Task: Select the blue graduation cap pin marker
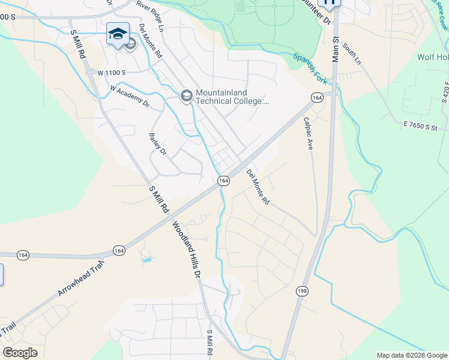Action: coord(118,34)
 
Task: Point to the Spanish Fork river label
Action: coord(310,67)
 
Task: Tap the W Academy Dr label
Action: coord(130,95)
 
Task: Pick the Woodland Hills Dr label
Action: coord(187,250)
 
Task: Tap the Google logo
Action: coord(20,353)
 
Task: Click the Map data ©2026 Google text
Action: coord(412,355)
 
